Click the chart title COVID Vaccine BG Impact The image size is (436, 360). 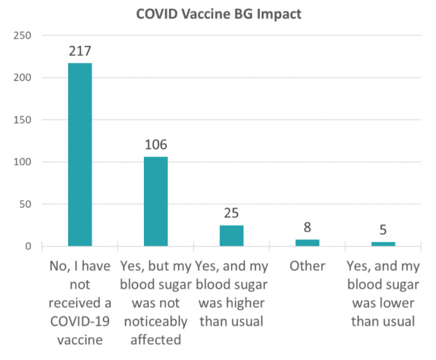(218, 14)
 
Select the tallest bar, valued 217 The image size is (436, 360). (80, 154)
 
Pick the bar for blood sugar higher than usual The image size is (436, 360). (232, 235)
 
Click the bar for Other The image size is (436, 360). (307, 243)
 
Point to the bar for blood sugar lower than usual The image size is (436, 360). (383, 243)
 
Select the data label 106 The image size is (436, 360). (155, 145)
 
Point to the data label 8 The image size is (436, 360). (307, 228)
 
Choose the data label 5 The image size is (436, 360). (383, 230)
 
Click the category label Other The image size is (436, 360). (307, 266)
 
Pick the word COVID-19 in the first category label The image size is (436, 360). (80, 322)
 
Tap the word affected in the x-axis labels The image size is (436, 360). (155, 340)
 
